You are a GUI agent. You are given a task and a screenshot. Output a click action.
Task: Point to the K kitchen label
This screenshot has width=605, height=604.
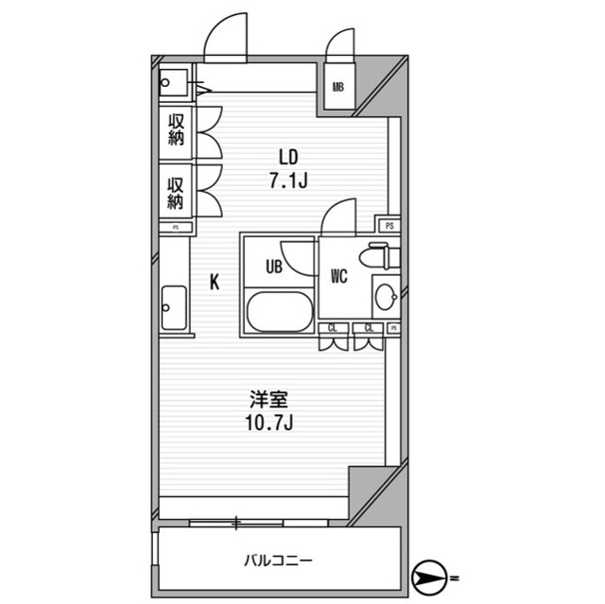(216, 281)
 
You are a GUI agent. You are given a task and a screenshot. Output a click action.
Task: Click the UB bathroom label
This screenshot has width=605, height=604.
(273, 267)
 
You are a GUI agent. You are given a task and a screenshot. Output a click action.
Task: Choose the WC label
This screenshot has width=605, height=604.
(340, 276)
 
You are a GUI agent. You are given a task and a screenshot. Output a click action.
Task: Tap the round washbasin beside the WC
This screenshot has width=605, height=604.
(387, 299)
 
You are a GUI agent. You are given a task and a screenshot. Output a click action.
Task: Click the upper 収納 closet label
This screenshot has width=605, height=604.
(175, 129)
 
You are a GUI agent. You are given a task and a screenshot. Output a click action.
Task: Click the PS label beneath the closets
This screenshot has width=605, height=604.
(175, 228)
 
